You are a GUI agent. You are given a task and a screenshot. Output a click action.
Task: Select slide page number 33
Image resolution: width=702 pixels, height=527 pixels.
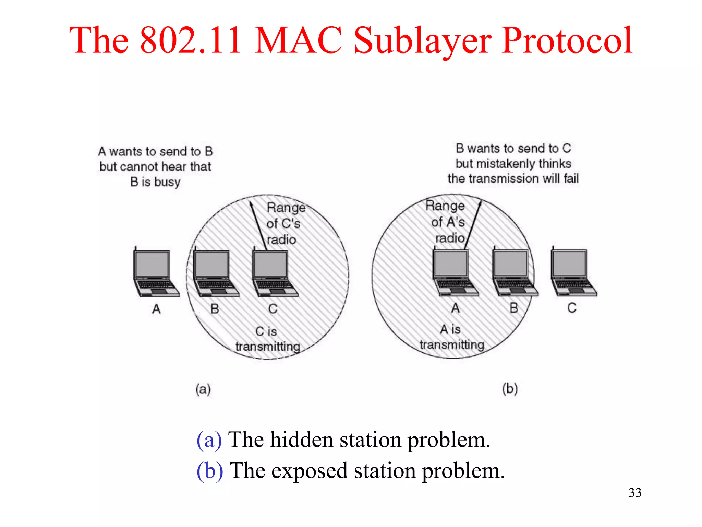tap(635, 493)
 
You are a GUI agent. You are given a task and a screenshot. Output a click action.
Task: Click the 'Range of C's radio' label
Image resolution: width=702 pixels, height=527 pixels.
tap(284, 223)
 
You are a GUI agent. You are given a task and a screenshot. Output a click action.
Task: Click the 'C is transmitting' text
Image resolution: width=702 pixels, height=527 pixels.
tap(267, 339)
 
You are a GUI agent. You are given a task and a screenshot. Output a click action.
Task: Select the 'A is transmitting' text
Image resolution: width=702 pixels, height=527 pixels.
tap(451, 337)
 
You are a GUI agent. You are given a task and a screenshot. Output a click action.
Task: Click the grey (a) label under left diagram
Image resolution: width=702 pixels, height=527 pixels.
tap(203, 389)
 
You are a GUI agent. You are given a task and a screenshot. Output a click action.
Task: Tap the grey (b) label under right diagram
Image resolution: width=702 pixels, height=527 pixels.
tap(510, 389)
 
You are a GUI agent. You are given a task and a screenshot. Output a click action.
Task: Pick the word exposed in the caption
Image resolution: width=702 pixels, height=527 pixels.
tap(309, 471)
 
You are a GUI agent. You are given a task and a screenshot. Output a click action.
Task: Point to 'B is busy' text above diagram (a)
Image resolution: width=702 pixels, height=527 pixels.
tap(155, 182)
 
